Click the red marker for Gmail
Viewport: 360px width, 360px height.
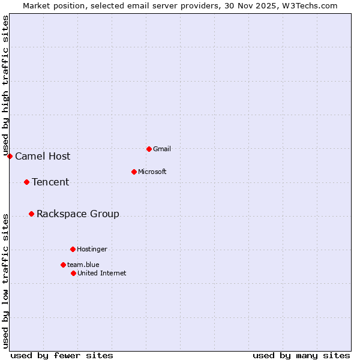tap(149, 149)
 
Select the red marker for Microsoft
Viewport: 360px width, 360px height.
tap(134, 172)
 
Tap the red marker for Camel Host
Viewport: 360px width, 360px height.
tap(10, 156)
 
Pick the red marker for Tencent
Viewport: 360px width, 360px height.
tap(26, 182)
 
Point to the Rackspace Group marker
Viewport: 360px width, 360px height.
tap(31, 214)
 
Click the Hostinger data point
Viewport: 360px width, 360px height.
tap(73, 249)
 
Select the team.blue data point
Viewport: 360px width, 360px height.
tap(63, 265)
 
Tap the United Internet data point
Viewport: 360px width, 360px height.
tap(73, 273)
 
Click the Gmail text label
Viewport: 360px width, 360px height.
tap(161, 149)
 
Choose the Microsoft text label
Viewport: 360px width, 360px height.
tap(152, 172)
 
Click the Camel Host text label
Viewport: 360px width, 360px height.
tap(43, 157)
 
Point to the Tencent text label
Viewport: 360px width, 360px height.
tap(50, 182)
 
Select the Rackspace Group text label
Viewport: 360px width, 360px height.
tap(78, 214)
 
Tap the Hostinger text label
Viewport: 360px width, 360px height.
tap(92, 249)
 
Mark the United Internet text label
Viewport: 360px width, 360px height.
tap(102, 273)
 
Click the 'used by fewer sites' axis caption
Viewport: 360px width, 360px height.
tap(62, 355)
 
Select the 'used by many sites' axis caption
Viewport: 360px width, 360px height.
tap(301, 355)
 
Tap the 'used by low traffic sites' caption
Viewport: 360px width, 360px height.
tap(5, 280)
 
